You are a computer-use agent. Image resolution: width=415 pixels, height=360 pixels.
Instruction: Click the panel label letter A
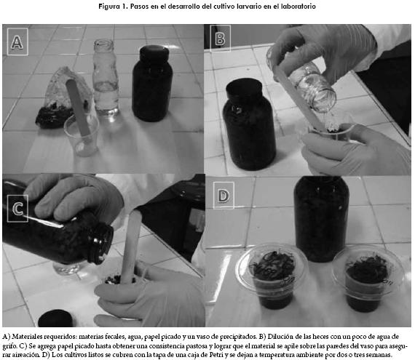pyautogui.click(x=17, y=42)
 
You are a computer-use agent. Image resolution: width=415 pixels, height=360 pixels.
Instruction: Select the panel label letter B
pyautogui.click(x=220, y=39)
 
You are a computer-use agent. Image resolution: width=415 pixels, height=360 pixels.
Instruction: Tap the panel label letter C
pyautogui.click(x=17, y=209)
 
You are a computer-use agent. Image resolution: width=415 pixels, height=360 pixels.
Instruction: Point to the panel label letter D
pyautogui.click(x=224, y=196)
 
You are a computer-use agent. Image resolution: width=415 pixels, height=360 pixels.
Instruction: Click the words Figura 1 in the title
pyautogui.click(x=113, y=7)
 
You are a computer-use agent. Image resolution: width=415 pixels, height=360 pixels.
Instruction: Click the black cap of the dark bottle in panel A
pyautogui.click(x=154, y=53)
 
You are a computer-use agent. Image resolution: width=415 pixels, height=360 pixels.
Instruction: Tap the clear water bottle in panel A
pyautogui.click(x=106, y=77)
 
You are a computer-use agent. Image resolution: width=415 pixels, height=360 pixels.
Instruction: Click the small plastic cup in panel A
pyautogui.click(x=82, y=136)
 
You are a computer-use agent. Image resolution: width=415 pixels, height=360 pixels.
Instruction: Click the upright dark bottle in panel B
pyautogui.click(x=249, y=125)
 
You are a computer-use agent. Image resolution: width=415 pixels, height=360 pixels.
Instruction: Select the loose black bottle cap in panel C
pyautogui.click(x=55, y=319)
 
